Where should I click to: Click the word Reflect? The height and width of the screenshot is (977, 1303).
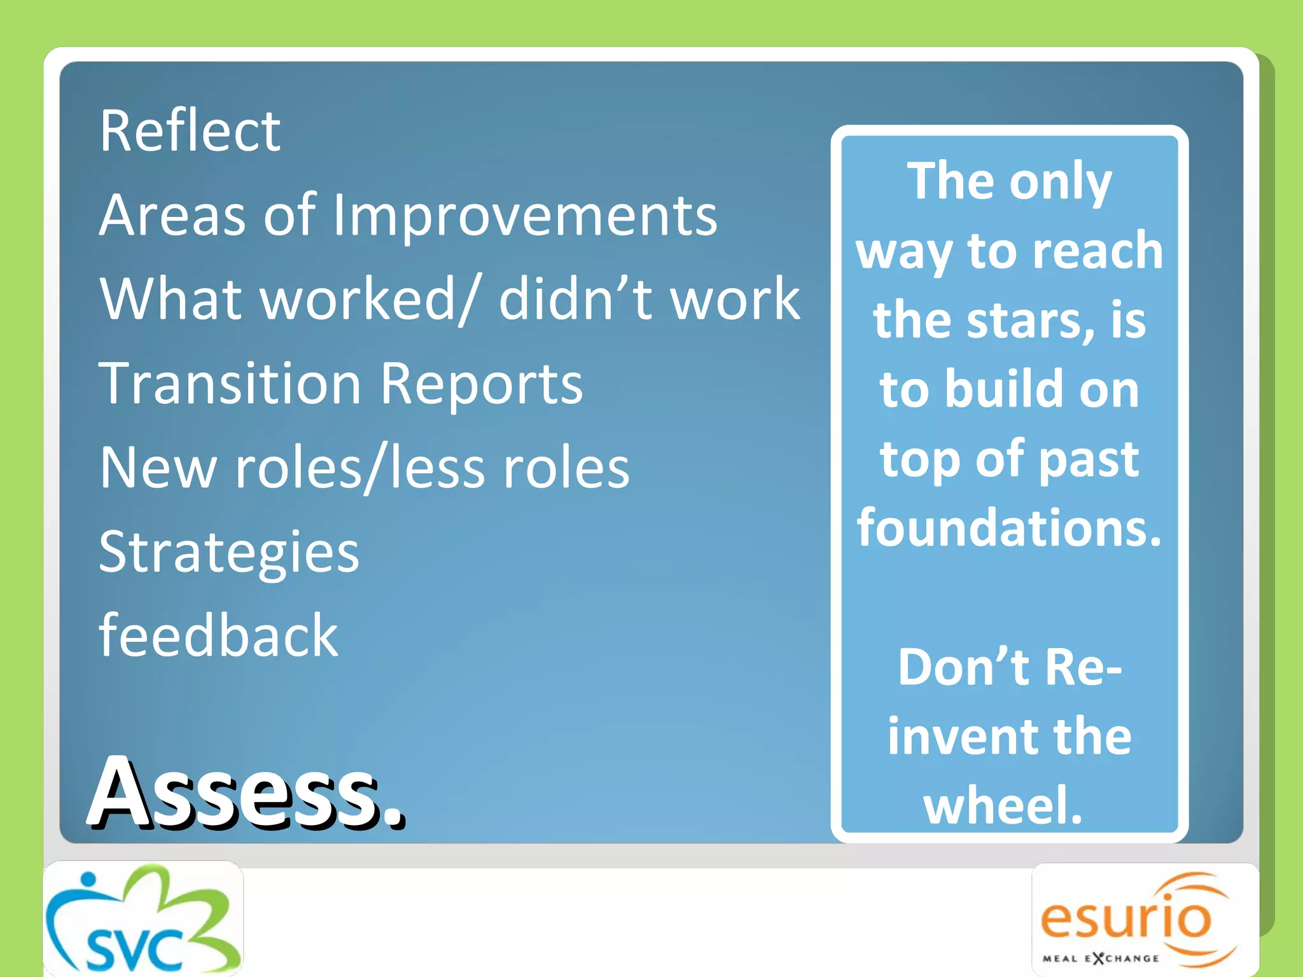click(190, 131)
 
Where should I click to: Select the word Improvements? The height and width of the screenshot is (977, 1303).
click(525, 216)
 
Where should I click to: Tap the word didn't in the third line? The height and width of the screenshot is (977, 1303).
click(576, 299)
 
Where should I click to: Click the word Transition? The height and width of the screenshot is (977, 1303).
click(230, 384)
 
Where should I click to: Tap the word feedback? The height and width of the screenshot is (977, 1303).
click(219, 636)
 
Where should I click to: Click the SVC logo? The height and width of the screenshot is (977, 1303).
click(143, 919)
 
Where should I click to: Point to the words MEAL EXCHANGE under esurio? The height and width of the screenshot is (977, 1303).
click(1101, 958)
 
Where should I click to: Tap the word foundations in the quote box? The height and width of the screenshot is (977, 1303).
click(1009, 528)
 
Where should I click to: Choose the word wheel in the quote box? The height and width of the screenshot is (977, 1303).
click(1003, 805)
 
